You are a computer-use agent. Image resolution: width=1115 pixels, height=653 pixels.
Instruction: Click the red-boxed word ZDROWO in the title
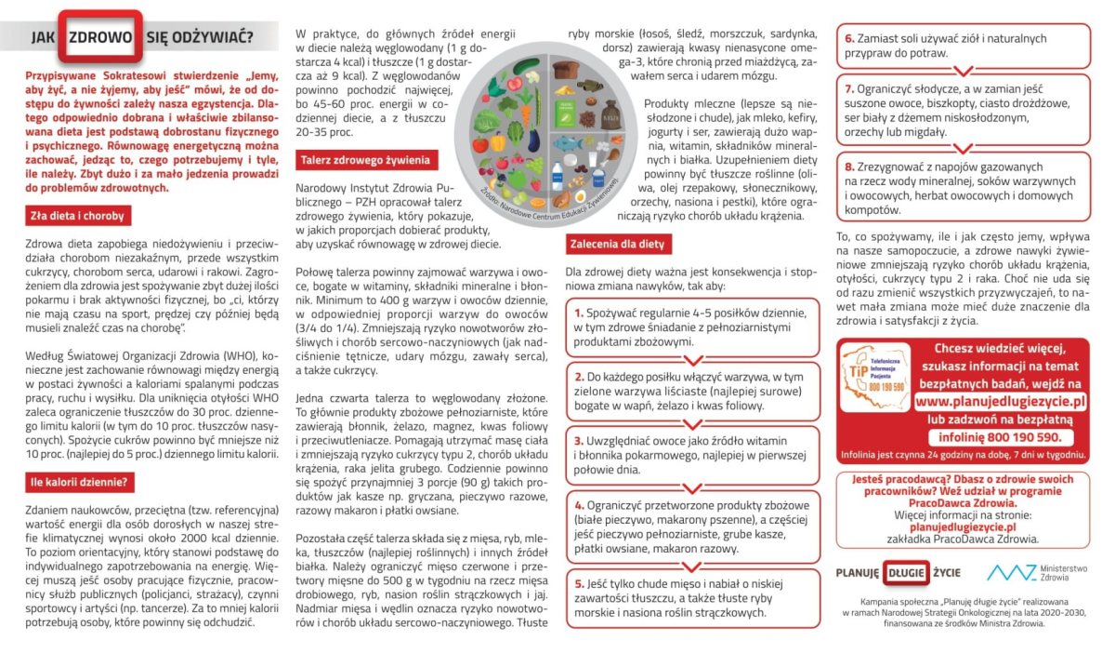(99, 37)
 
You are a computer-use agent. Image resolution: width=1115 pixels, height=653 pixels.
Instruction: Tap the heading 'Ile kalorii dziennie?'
(81, 482)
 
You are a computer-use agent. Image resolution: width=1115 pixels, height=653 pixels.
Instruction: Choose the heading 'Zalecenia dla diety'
(616, 245)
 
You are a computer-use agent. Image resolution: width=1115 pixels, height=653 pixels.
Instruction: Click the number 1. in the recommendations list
(579, 313)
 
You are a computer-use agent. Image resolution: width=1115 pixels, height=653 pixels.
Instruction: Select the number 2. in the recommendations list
(579, 377)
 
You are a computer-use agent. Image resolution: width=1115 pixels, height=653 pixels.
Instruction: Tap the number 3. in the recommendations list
(580, 439)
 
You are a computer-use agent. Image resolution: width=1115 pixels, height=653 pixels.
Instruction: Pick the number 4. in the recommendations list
(580, 503)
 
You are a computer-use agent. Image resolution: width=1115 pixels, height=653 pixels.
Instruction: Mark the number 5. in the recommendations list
(580, 582)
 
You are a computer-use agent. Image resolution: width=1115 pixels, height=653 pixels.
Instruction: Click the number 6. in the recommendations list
(850, 39)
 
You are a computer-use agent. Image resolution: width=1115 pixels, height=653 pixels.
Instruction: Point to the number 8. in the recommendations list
(850, 166)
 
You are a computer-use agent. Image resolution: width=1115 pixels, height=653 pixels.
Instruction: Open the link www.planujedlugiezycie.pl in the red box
(1000, 402)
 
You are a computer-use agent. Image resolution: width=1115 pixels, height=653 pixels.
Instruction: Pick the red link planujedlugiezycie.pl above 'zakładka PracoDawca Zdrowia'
(962, 526)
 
